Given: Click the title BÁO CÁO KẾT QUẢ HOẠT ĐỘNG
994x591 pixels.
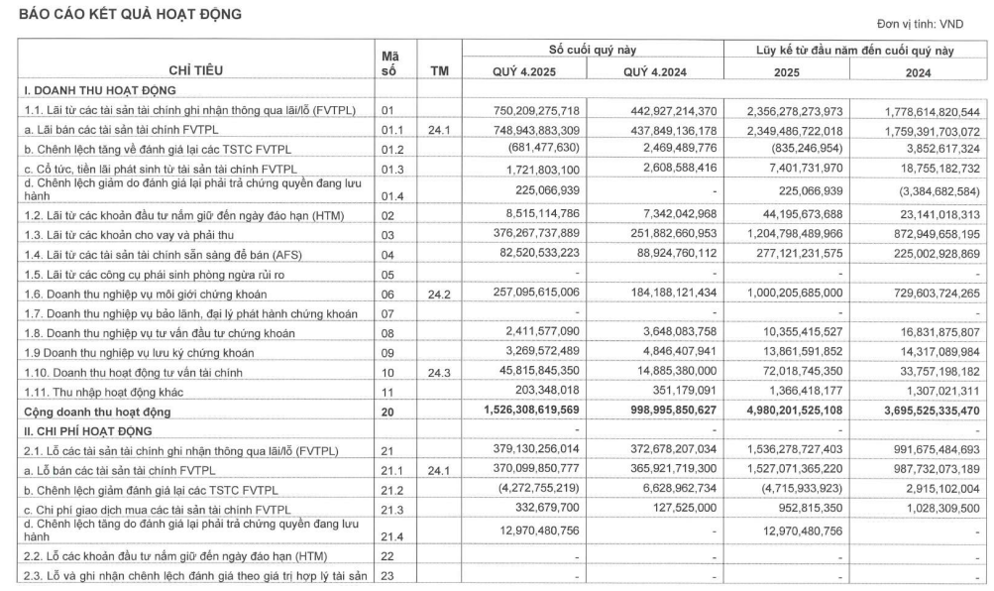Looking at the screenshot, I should click(123, 16).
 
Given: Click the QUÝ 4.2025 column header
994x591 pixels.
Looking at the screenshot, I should click(530, 70).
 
